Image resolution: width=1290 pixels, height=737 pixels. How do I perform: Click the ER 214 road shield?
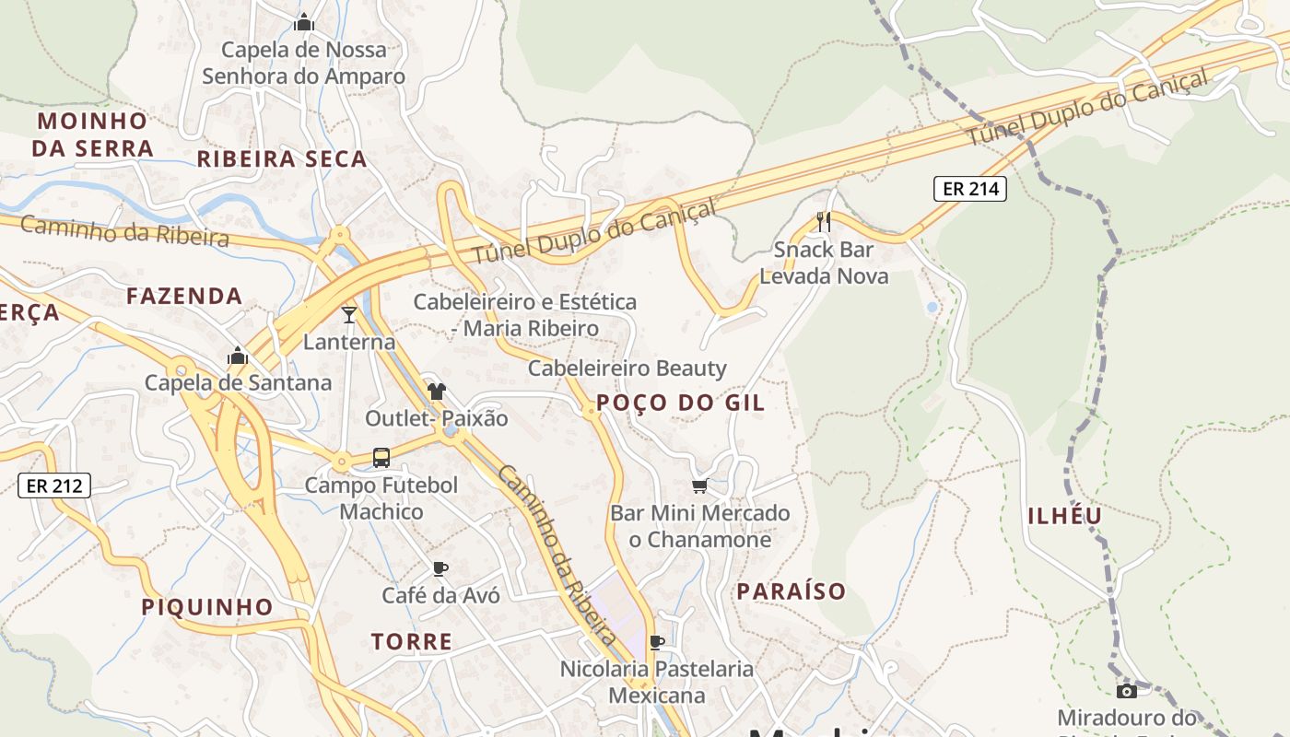click(970, 190)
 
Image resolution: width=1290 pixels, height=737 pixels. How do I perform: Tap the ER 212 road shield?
click(54, 485)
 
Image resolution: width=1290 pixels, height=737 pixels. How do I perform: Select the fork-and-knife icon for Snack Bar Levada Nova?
click(824, 221)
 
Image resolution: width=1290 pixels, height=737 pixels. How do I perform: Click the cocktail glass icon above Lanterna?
click(349, 315)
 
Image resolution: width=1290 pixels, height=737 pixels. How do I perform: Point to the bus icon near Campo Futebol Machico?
click(381, 457)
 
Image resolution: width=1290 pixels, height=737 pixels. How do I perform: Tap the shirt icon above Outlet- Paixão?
click(436, 392)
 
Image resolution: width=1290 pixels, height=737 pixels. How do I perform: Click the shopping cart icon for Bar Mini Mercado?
click(699, 485)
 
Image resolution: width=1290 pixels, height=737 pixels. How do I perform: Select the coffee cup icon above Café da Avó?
click(440, 568)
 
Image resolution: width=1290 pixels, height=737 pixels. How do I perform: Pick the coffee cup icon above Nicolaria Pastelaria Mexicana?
click(657, 642)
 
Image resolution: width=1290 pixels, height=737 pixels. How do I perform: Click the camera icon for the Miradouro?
click(1126, 691)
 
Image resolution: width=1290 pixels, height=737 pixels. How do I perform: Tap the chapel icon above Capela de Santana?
click(238, 356)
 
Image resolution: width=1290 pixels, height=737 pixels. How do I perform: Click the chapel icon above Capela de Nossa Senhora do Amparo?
click(303, 22)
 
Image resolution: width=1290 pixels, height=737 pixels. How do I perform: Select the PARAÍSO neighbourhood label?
click(791, 591)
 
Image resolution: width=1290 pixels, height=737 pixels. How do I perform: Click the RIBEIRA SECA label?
click(282, 159)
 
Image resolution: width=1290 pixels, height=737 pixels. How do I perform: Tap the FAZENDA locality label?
click(184, 297)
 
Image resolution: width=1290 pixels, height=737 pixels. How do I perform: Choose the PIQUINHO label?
click(207, 607)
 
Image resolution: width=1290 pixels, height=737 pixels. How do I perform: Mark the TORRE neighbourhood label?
click(412, 642)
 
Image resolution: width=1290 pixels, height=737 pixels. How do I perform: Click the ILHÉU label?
click(1065, 516)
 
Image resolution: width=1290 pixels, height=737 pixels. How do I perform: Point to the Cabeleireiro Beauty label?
click(627, 368)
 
